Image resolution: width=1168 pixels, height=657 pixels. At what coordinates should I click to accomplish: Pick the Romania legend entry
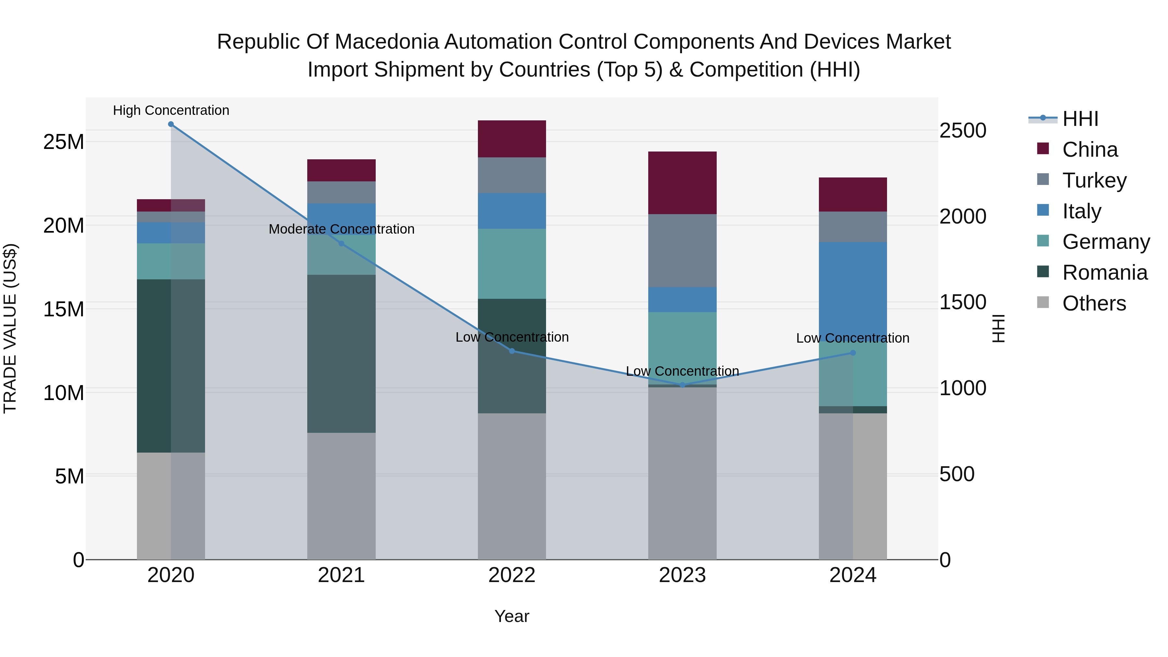coord(1104,273)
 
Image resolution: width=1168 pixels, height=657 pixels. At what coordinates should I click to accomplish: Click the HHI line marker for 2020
coord(171,124)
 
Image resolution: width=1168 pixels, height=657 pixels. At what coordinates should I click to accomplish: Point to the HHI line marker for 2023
coord(682,385)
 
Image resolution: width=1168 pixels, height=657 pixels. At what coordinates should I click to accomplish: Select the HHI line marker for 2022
coord(512,351)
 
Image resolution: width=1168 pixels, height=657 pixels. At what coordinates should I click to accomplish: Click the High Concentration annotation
coord(171,111)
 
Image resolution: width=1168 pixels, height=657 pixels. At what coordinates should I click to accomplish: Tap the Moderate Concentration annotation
coord(341,229)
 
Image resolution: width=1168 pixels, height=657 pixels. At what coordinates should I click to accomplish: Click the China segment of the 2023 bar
coord(682,183)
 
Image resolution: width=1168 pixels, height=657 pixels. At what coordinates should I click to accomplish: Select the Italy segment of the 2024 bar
coord(853,290)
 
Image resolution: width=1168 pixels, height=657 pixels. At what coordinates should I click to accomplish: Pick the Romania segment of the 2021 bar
coord(341,354)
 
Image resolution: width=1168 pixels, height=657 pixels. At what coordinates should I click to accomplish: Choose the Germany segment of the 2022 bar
coord(512,264)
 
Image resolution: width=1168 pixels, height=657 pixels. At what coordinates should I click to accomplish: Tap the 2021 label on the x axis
coord(341,575)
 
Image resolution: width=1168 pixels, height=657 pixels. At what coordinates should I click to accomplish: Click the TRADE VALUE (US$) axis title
coord(10,328)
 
